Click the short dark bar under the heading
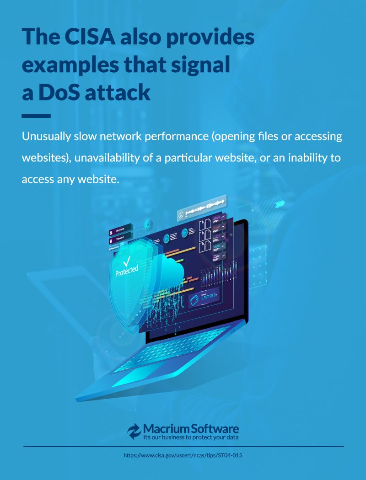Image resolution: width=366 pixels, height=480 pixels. pos(36,116)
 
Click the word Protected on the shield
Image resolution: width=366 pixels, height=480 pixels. pos(126,271)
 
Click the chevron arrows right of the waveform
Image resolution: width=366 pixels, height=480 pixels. pos(280,204)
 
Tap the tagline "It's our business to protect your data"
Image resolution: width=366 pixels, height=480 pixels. pos(191,437)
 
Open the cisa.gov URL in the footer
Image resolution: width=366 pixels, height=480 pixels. pos(183,455)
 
